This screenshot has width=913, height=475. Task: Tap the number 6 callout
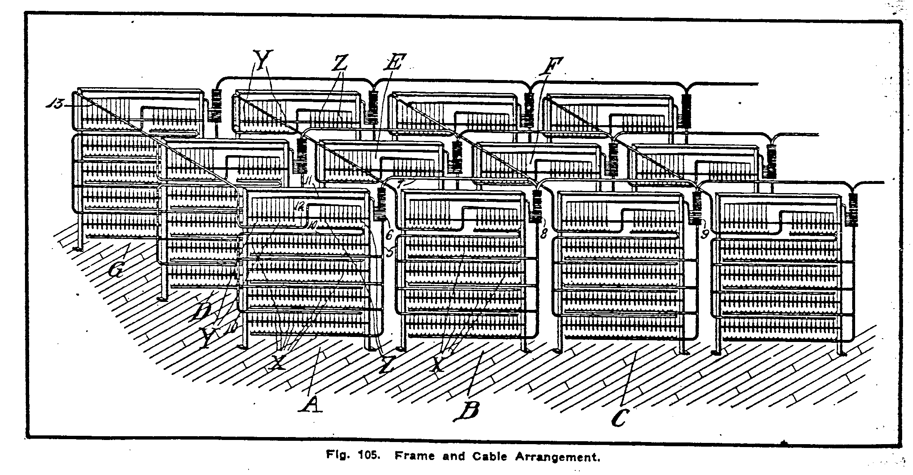[x=389, y=235]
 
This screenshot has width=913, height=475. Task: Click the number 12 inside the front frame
[x=300, y=205]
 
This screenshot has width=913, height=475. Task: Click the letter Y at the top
[x=264, y=61]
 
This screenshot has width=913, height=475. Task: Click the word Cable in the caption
[x=489, y=457]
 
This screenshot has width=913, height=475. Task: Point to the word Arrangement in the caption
[x=558, y=457]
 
